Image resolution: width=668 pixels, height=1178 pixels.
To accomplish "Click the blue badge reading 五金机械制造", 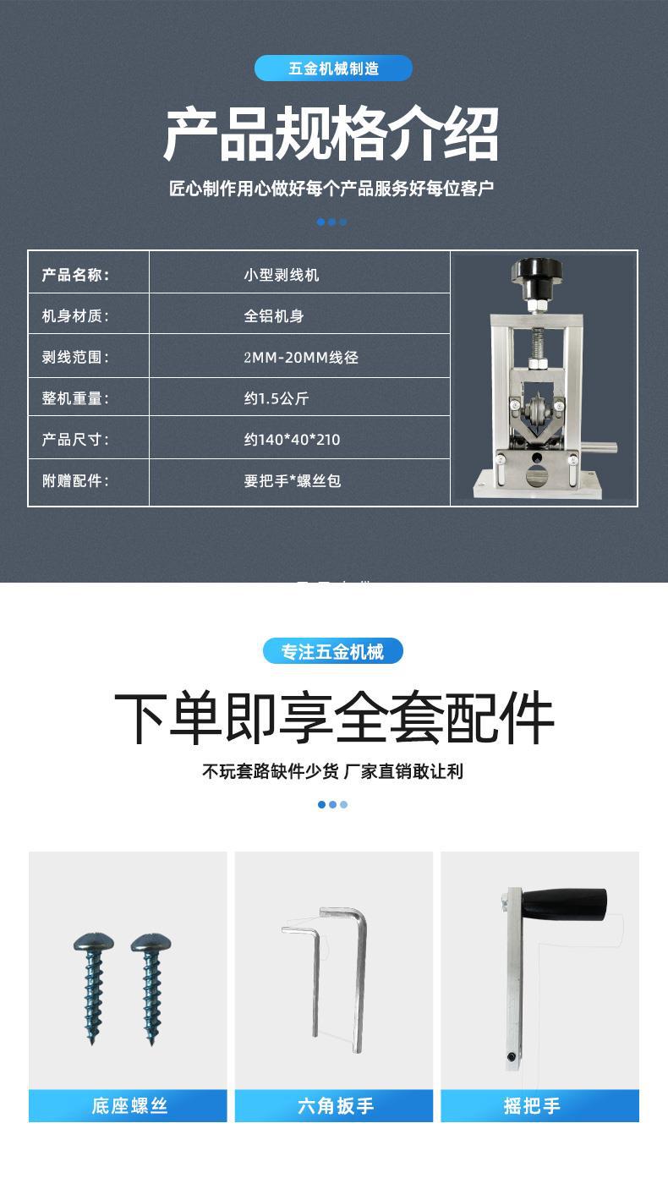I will (333, 68).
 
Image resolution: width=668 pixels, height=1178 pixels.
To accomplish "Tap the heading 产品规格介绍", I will (331, 134).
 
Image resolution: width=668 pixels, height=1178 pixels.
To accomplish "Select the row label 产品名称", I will (75, 275).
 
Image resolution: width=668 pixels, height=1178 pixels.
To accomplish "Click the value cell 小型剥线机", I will (282, 275).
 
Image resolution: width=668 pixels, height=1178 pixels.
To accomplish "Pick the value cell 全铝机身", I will (274, 316).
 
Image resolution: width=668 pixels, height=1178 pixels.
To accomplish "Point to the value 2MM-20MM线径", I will (301, 357).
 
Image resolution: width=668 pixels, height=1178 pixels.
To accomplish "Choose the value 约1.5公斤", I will (277, 398).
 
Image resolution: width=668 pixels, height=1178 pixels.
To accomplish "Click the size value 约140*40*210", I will (292, 440).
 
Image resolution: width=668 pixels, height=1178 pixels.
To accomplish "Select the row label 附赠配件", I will (75, 481).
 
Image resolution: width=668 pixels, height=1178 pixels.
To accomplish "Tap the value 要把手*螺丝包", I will (293, 481).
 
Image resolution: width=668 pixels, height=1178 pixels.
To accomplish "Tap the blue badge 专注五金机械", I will (332, 652).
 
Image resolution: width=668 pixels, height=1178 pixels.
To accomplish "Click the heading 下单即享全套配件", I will (334, 718).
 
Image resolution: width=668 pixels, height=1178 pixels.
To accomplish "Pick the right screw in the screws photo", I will (149, 985).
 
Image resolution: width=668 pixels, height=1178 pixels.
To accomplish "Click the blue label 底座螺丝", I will (129, 1106).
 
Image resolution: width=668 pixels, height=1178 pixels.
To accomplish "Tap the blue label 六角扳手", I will (335, 1106).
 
